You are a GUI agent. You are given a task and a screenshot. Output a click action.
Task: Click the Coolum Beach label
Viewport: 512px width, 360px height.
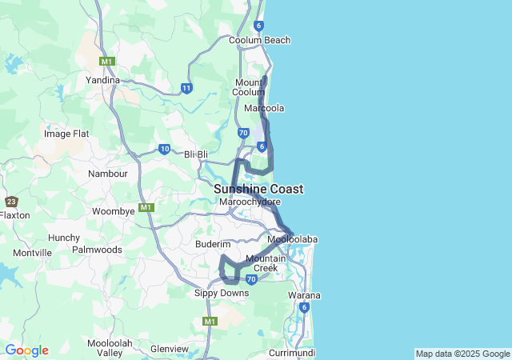(x=259, y=40)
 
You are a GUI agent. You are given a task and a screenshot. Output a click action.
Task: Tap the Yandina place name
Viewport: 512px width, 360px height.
(x=102, y=80)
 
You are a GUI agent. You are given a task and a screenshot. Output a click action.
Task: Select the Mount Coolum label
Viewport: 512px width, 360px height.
(x=250, y=87)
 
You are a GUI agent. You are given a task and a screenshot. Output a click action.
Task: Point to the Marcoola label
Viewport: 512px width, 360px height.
(x=265, y=108)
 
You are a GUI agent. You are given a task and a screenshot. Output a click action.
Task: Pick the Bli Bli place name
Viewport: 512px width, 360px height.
(x=196, y=154)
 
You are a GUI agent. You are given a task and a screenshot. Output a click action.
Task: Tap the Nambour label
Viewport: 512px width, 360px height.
(x=108, y=174)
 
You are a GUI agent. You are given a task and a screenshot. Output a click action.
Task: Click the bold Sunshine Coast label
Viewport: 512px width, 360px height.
(x=258, y=189)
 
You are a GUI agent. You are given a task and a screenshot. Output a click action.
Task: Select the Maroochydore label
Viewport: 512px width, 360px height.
(x=250, y=202)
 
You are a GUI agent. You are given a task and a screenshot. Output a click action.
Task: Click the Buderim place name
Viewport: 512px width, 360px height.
(x=213, y=243)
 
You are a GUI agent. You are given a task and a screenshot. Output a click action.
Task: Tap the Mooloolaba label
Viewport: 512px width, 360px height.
(x=293, y=240)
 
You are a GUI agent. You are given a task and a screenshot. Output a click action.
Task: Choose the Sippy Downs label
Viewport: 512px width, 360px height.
(x=222, y=293)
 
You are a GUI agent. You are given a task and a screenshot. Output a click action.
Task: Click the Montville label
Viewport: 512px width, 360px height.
(x=32, y=253)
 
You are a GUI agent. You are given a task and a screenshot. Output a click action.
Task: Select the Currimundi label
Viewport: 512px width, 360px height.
(x=292, y=353)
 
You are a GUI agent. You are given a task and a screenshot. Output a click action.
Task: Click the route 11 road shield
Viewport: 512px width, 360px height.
(x=186, y=88)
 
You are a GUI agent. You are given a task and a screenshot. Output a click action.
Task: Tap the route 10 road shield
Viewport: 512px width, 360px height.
(x=164, y=149)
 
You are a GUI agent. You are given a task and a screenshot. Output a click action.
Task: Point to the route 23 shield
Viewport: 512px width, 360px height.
(x=11, y=202)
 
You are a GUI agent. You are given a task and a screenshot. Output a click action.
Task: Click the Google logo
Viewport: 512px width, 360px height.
(x=26, y=350)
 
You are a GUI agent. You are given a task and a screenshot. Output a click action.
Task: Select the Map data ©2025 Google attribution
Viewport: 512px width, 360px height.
(x=462, y=354)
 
